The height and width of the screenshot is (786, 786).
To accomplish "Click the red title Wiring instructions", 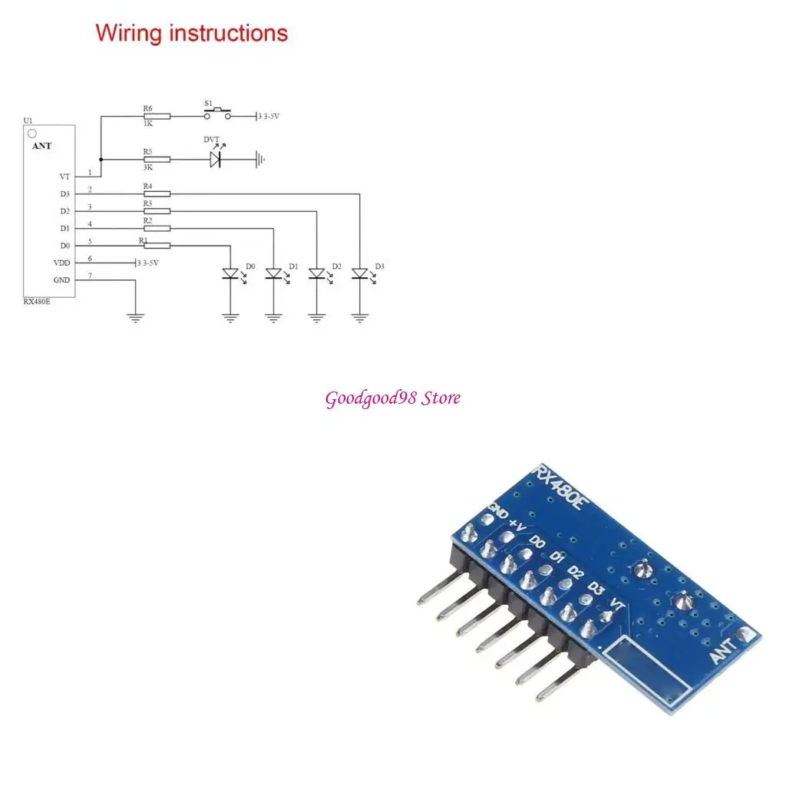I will pos(191,34).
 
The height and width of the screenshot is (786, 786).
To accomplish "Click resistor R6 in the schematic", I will pos(157,117).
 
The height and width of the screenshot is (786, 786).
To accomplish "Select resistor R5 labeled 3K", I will pos(157,160).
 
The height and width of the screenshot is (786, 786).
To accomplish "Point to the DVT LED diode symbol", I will pos(216,160).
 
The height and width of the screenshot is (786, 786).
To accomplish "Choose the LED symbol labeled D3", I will pos(359,273).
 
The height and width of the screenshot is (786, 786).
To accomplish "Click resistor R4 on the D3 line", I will pos(157,194).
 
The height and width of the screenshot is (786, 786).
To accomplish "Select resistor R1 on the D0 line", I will pos(157,246).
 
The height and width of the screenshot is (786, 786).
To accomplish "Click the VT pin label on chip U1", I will pos(64,177).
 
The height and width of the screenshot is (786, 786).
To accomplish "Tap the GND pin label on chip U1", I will pos(61,280).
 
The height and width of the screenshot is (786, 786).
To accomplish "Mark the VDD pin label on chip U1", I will pos(61,263).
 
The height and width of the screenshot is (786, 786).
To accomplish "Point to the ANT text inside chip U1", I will pos(42,146).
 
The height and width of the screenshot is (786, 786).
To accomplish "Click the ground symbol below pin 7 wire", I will pos(135,317).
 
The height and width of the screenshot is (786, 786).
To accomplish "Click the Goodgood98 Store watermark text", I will pos(393,398).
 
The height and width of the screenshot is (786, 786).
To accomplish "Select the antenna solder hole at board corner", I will pos(744,636).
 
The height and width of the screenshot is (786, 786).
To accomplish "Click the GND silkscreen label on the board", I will pos(497,510).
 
